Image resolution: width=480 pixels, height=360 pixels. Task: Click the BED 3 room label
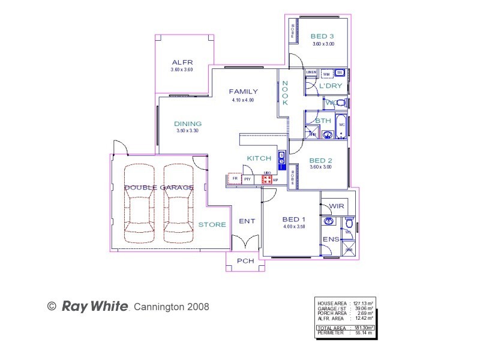pyautogui.click(x=323, y=36)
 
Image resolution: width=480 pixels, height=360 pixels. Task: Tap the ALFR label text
pyautogui.click(x=181, y=62)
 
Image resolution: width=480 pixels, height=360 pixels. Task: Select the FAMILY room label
pyautogui.click(x=243, y=92)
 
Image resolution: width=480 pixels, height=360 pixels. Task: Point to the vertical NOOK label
pyautogui.click(x=285, y=94)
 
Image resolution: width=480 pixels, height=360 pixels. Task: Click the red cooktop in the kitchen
pyautogui.click(x=267, y=179)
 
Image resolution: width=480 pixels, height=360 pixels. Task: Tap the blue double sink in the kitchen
pyautogui.click(x=282, y=160)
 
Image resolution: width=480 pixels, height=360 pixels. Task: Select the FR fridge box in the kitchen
pyautogui.click(x=235, y=179)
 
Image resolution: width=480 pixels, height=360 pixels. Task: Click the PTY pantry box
pyautogui.click(x=247, y=179)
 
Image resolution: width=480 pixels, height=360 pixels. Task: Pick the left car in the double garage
pyautogui.click(x=139, y=200)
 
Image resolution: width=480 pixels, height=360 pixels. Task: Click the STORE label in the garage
pyautogui.click(x=212, y=225)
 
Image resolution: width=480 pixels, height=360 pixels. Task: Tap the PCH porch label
pyautogui.click(x=245, y=261)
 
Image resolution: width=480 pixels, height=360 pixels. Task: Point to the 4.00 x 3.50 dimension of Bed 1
pyautogui.click(x=294, y=227)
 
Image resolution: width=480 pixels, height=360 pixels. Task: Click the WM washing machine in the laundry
pyautogui.click(x=326, y=74)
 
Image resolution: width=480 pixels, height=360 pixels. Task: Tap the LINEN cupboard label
pyautogui.click(x=311, y=73)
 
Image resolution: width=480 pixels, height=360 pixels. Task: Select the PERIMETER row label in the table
pyautogui.click(x=331, y=332)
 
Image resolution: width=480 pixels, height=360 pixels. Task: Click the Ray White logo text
pyautogui.click(x=95, y=307)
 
